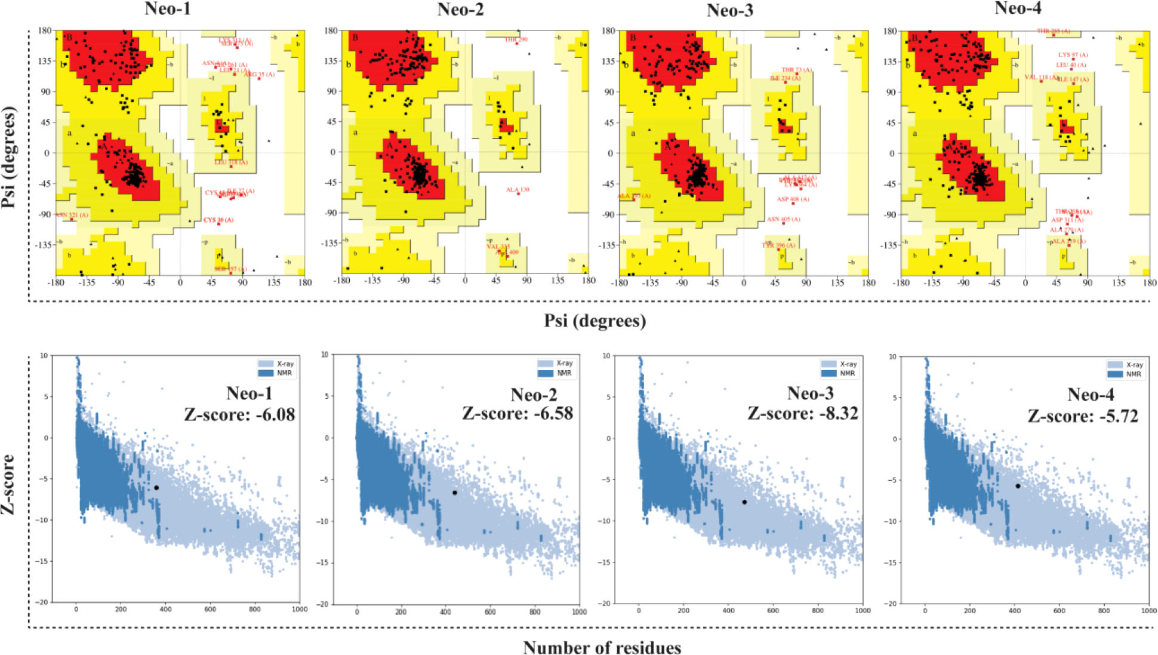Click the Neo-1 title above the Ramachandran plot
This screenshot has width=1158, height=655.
[x=168, y=9]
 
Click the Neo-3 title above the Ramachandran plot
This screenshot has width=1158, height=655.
[x=729, y=10]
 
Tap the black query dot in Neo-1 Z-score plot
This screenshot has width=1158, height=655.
[x=156, y=488]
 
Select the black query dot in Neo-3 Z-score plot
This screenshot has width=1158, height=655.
[x=744, y=502]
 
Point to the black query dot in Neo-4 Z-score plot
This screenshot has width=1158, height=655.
[x=1018, y=486]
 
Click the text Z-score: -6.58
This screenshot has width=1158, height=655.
[x=517, y=413]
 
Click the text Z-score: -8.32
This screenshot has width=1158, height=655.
[x=803, y=413]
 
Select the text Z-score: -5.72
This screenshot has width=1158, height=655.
[x=1082, y=416]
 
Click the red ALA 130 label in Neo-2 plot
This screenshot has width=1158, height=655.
[x=518, y=190]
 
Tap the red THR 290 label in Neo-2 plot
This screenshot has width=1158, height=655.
[x=516, y=39]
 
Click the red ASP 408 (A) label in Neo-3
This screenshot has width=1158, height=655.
[x=793, y=199]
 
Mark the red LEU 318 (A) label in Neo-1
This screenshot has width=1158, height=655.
[x=231, y=162]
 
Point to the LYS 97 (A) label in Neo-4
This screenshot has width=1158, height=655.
[x=1073, y=55]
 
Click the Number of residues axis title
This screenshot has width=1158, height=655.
[x=602, y=648]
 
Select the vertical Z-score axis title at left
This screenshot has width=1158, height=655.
[x=8, y=484]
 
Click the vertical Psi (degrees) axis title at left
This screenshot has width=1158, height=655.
[x=8, y=157]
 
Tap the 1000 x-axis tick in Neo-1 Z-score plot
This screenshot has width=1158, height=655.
[x=299, y=610]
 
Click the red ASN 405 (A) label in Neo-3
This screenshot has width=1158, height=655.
[x=783, y=219]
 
